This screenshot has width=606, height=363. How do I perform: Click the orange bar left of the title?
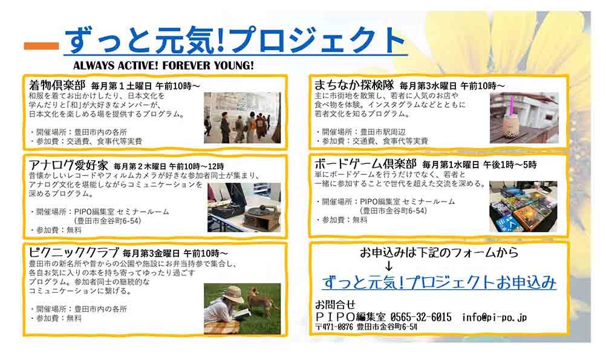point(41,46)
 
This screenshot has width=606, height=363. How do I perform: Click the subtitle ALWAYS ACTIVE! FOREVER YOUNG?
point(163,65)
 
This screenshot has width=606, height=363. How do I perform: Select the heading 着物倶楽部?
point(57,85)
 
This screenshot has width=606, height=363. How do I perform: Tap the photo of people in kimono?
point(243,117)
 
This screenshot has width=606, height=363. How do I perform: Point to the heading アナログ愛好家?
point(68,165)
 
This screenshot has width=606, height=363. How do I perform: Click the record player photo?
point(244,207)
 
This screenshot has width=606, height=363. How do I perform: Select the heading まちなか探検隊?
point(354,85)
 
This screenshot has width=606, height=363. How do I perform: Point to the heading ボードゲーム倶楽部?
point(365,164)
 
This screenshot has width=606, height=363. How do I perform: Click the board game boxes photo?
point(523,207)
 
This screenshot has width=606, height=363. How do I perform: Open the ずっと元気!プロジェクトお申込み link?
point(439,283)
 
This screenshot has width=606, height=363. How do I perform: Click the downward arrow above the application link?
point(389,266)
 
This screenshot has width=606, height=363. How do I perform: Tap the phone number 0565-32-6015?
point(421,318)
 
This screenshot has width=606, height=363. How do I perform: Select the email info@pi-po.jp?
point(494,318)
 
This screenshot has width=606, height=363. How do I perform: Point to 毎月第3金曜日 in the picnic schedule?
point(151,253)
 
